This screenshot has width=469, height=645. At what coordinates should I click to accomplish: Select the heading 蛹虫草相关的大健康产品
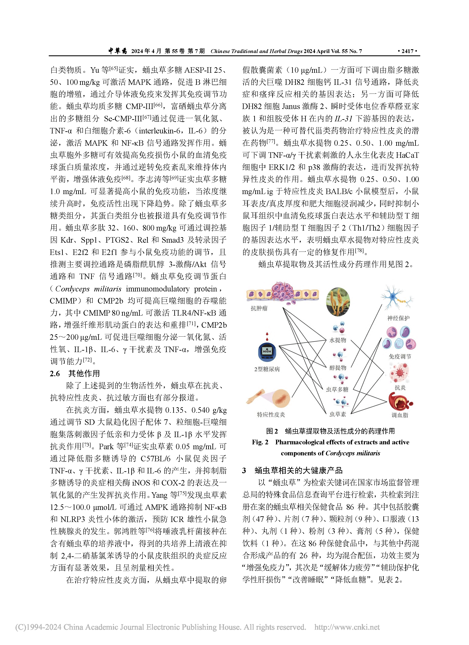point(299,470)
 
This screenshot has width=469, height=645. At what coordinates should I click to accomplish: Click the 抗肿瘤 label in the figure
point(259,308)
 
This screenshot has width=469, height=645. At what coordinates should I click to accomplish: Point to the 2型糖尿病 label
point(267,369)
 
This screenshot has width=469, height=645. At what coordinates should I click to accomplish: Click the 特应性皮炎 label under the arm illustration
point(271,415)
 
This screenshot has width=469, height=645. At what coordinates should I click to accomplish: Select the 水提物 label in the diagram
point(338,340)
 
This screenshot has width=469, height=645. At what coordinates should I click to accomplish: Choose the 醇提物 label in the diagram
point(338,368)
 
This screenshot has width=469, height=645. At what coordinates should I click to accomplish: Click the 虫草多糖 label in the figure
point(337,389)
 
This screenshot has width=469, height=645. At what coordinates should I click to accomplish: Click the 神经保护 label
point(399,318)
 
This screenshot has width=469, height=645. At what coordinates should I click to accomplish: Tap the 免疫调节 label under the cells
point(400,356)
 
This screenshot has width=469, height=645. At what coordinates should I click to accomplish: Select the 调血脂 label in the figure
point(400,415)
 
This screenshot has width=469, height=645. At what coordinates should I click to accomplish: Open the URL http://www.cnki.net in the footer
point(347,627)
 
